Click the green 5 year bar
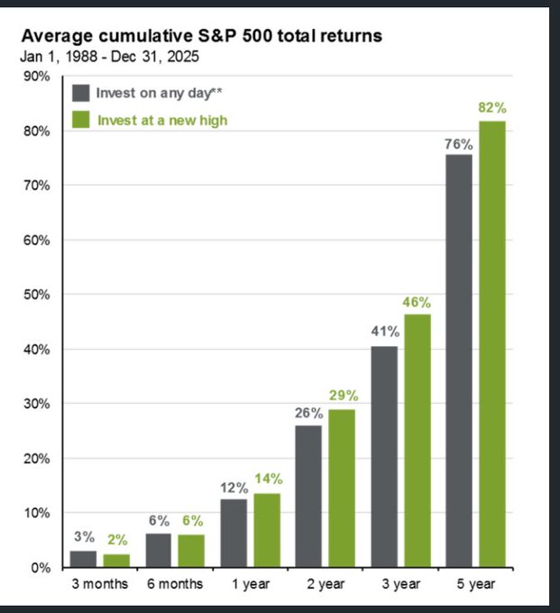[x=492, y=344]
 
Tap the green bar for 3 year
[x=418, y=441]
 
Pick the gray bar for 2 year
[x=308, y=496]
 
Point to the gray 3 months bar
[x=83, y=559]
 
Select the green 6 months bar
[x=192, y=551]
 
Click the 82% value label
[x=492, y=108]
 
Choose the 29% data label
[x=343, y=396]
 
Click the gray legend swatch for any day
[x=81, y=92]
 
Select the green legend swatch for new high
[x=81, y=120]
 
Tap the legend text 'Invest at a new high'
[x=162, y=120]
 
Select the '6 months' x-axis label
[x=174, y=584]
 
